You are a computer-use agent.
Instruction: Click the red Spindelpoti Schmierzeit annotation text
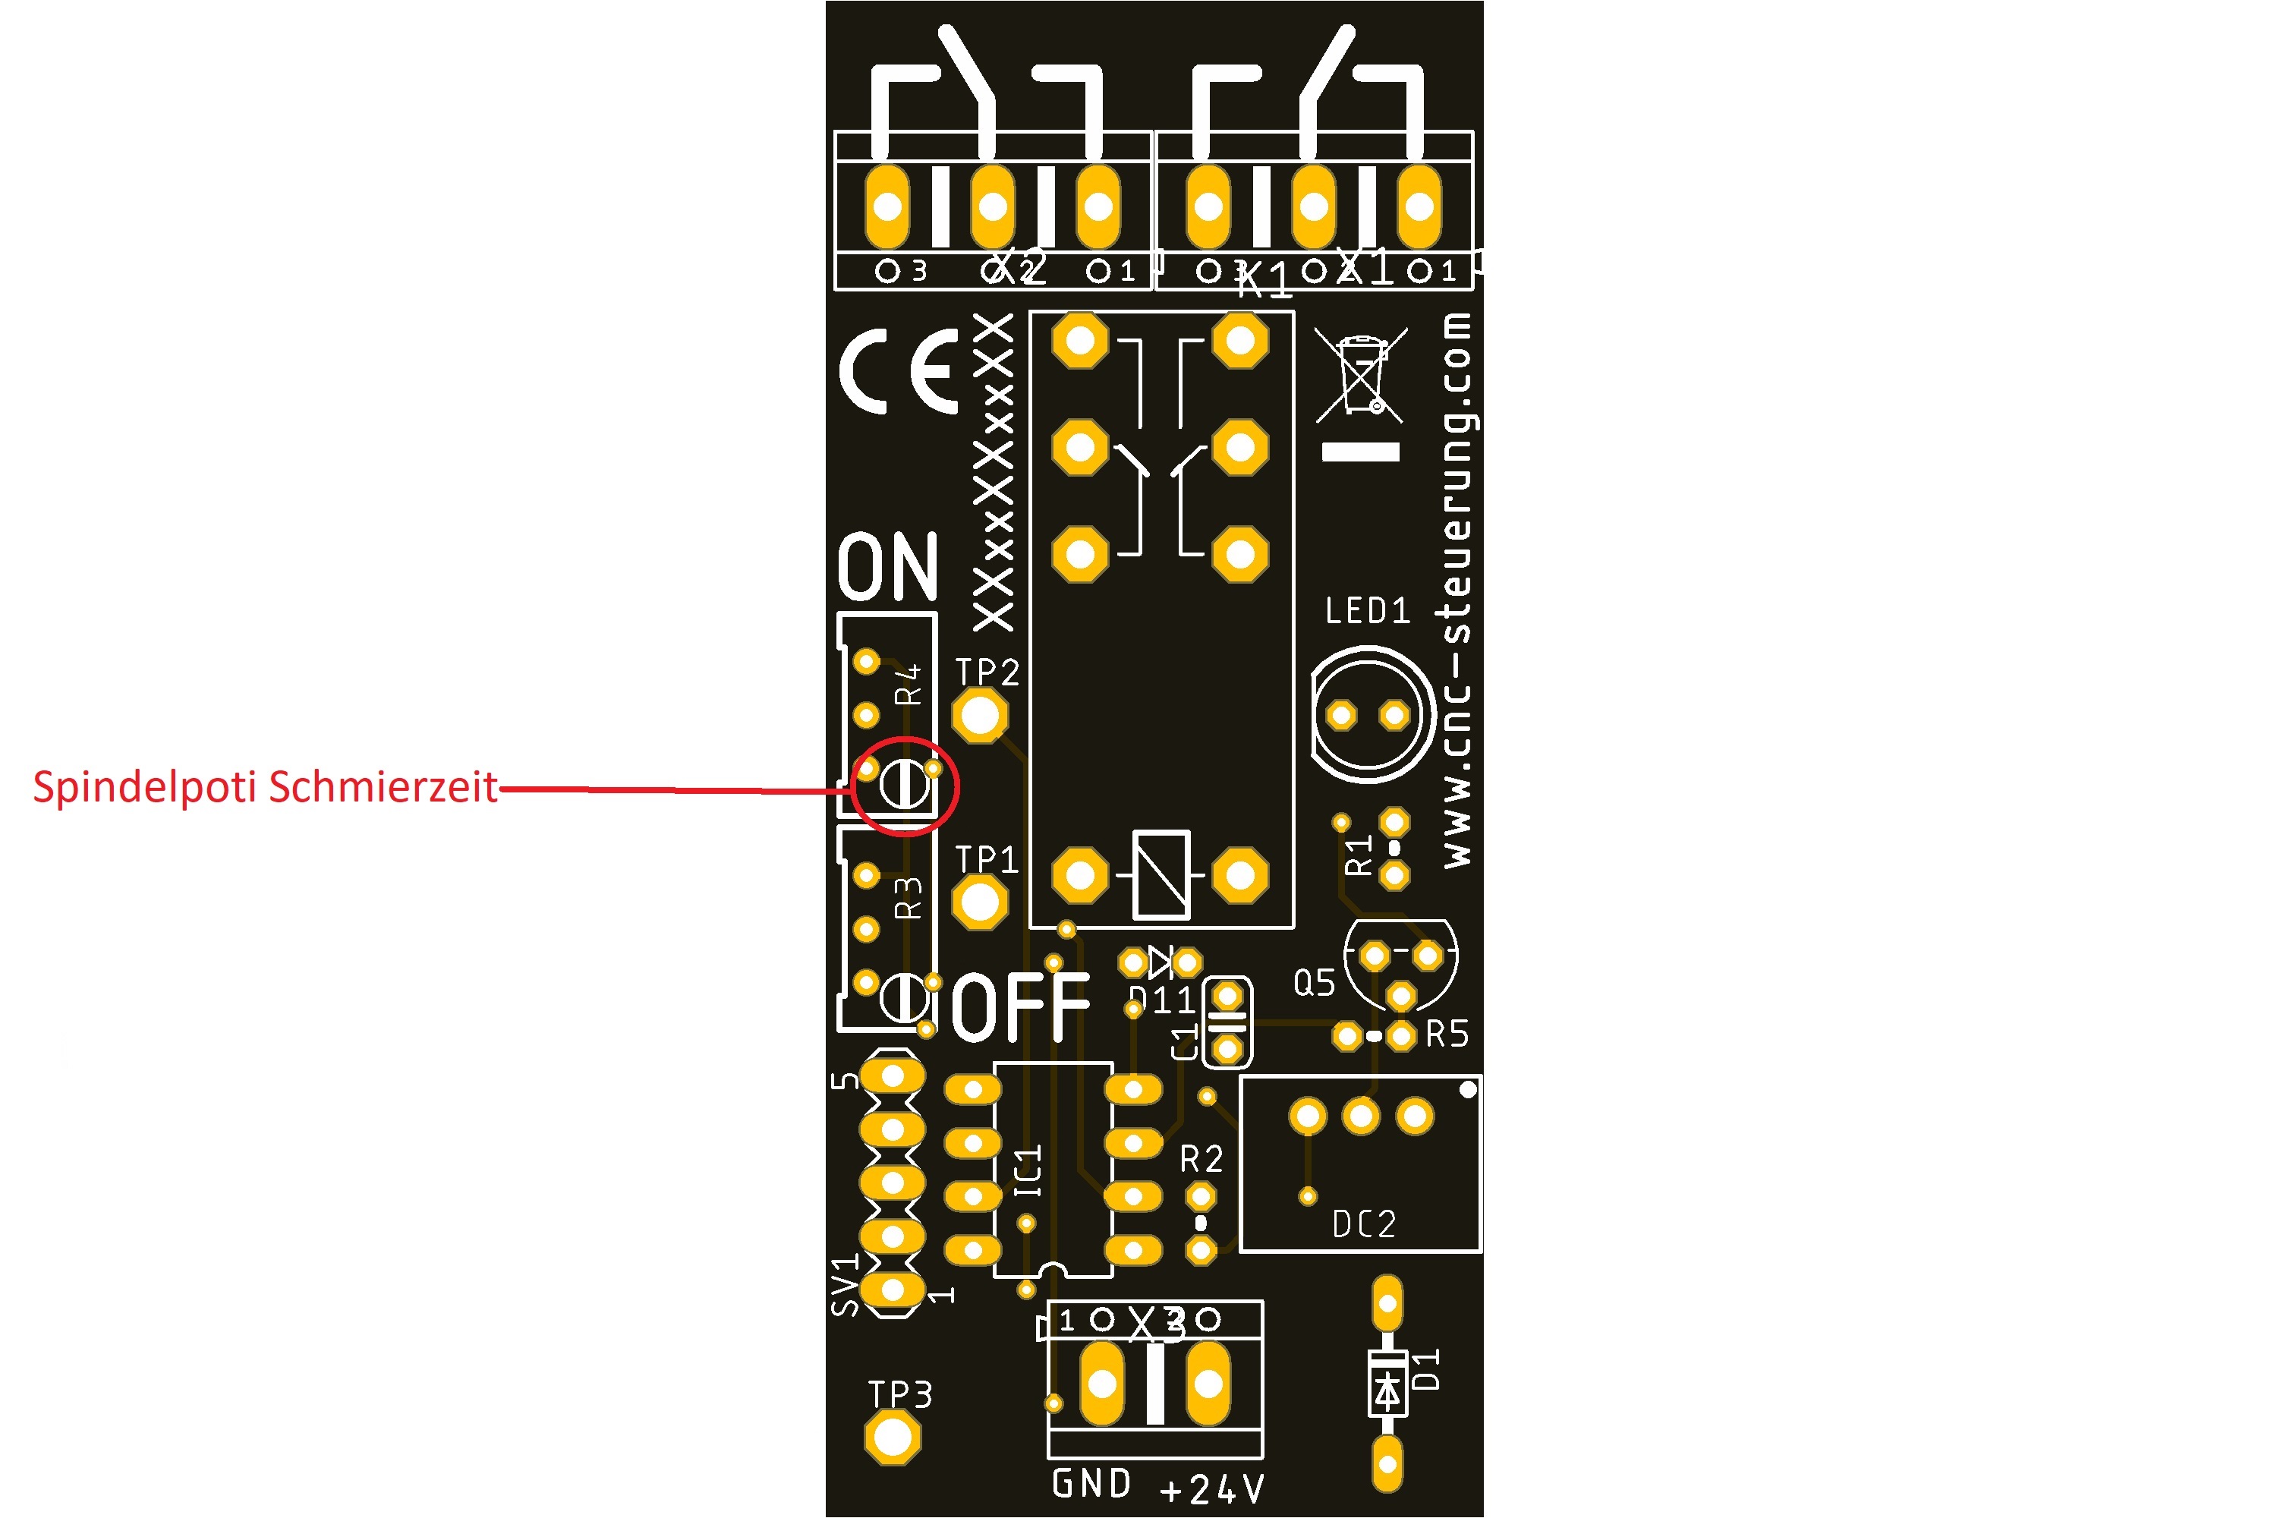[265, 786]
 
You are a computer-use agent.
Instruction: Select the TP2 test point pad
[980, 716]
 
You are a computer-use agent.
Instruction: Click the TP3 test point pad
[892, 1438]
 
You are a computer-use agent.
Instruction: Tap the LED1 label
[1367, 611]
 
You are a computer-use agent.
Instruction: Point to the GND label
[1091, 1483]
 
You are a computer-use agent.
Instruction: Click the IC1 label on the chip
[1028, 1170]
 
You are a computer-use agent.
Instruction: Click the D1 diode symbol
[1387, 1391]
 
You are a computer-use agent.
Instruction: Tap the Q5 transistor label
[1314, 984]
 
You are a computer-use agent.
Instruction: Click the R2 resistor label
[1201, 1159]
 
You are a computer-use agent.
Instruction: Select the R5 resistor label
[1447, 1034]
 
